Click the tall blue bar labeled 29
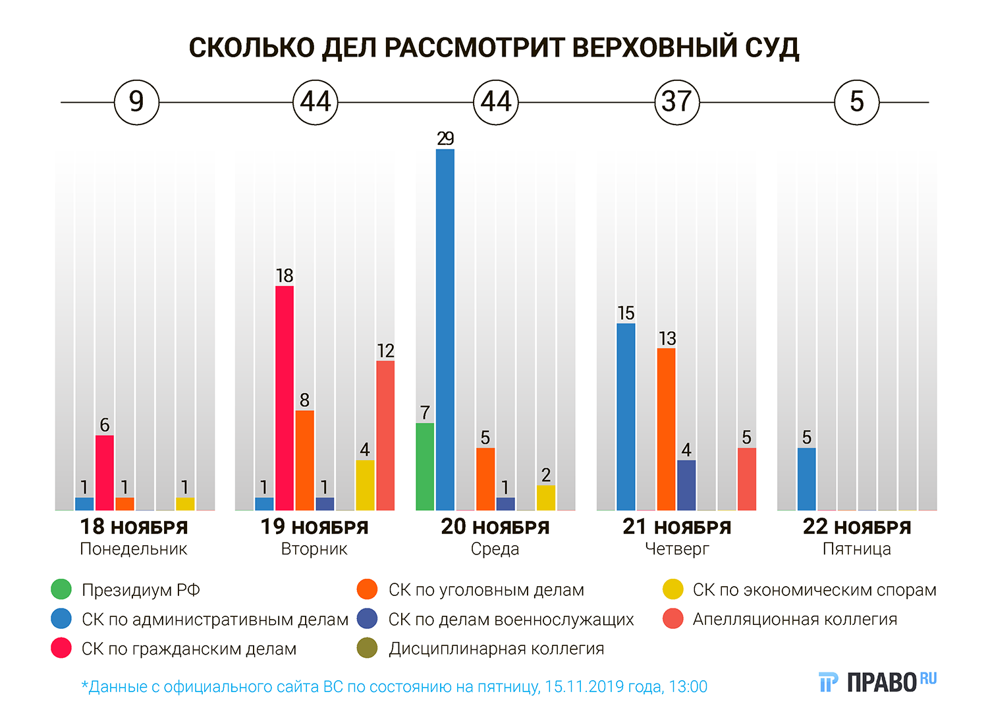tap(445, 329)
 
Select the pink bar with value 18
tap(285, 398)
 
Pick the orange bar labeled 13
tap(667, 429)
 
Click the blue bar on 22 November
tap(807, 479)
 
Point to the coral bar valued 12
tap(385, 435)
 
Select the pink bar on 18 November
tap(105, 472)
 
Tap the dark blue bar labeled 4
tap(686, 485)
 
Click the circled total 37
tap(676, 102)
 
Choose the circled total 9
tap(136, 102)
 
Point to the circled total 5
tap(856, 102)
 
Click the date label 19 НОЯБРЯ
tap(314, 527)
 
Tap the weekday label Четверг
tap(676, 549)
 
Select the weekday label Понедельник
tap(134, 549)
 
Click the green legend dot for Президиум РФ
tap(61, 589)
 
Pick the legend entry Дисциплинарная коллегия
tap(496, 649)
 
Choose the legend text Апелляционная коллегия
tap(794, 619)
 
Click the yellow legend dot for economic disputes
tap(673, 589)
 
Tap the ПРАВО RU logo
tap(877, 682)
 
